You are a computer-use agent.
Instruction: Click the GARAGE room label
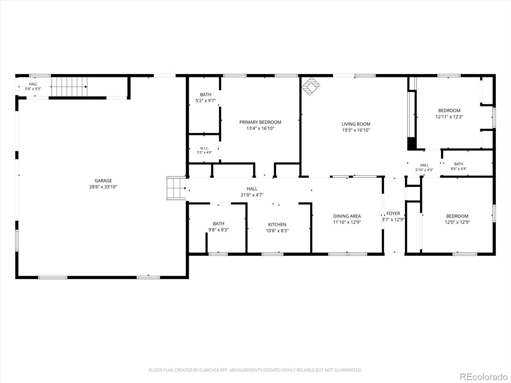[103, 180]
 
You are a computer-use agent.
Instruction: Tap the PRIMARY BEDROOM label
[260, 122]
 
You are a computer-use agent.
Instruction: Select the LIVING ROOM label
[356, 124]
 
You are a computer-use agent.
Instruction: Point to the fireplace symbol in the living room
[310, 86]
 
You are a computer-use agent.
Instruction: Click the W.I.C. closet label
[204, 148]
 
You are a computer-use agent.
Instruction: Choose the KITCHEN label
[277, 224]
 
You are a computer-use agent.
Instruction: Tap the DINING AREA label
[347, 216]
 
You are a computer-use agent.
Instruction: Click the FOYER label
[393, 213]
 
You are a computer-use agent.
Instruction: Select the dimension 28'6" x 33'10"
[103, 186]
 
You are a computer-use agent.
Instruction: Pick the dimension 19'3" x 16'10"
[356, 130]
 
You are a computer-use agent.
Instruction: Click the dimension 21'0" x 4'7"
[252, 195]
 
